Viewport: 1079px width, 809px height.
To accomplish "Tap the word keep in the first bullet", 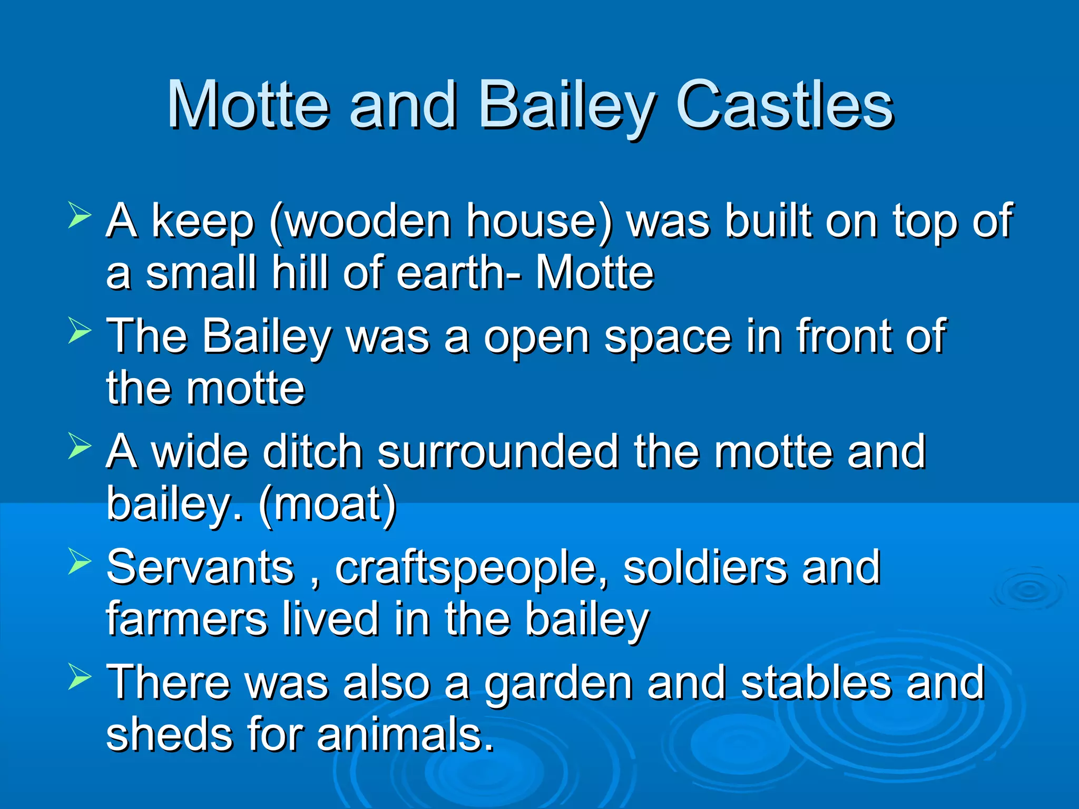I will pos(203,221).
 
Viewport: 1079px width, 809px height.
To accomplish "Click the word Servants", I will pos(200,567).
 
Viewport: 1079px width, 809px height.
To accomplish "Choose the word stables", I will pos(816,683).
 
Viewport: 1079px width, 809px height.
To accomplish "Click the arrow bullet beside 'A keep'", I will pos(80,216).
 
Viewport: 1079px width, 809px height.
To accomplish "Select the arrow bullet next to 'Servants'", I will pos(80,561).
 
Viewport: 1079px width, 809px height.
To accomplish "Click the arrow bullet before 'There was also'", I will pos(80,677).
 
